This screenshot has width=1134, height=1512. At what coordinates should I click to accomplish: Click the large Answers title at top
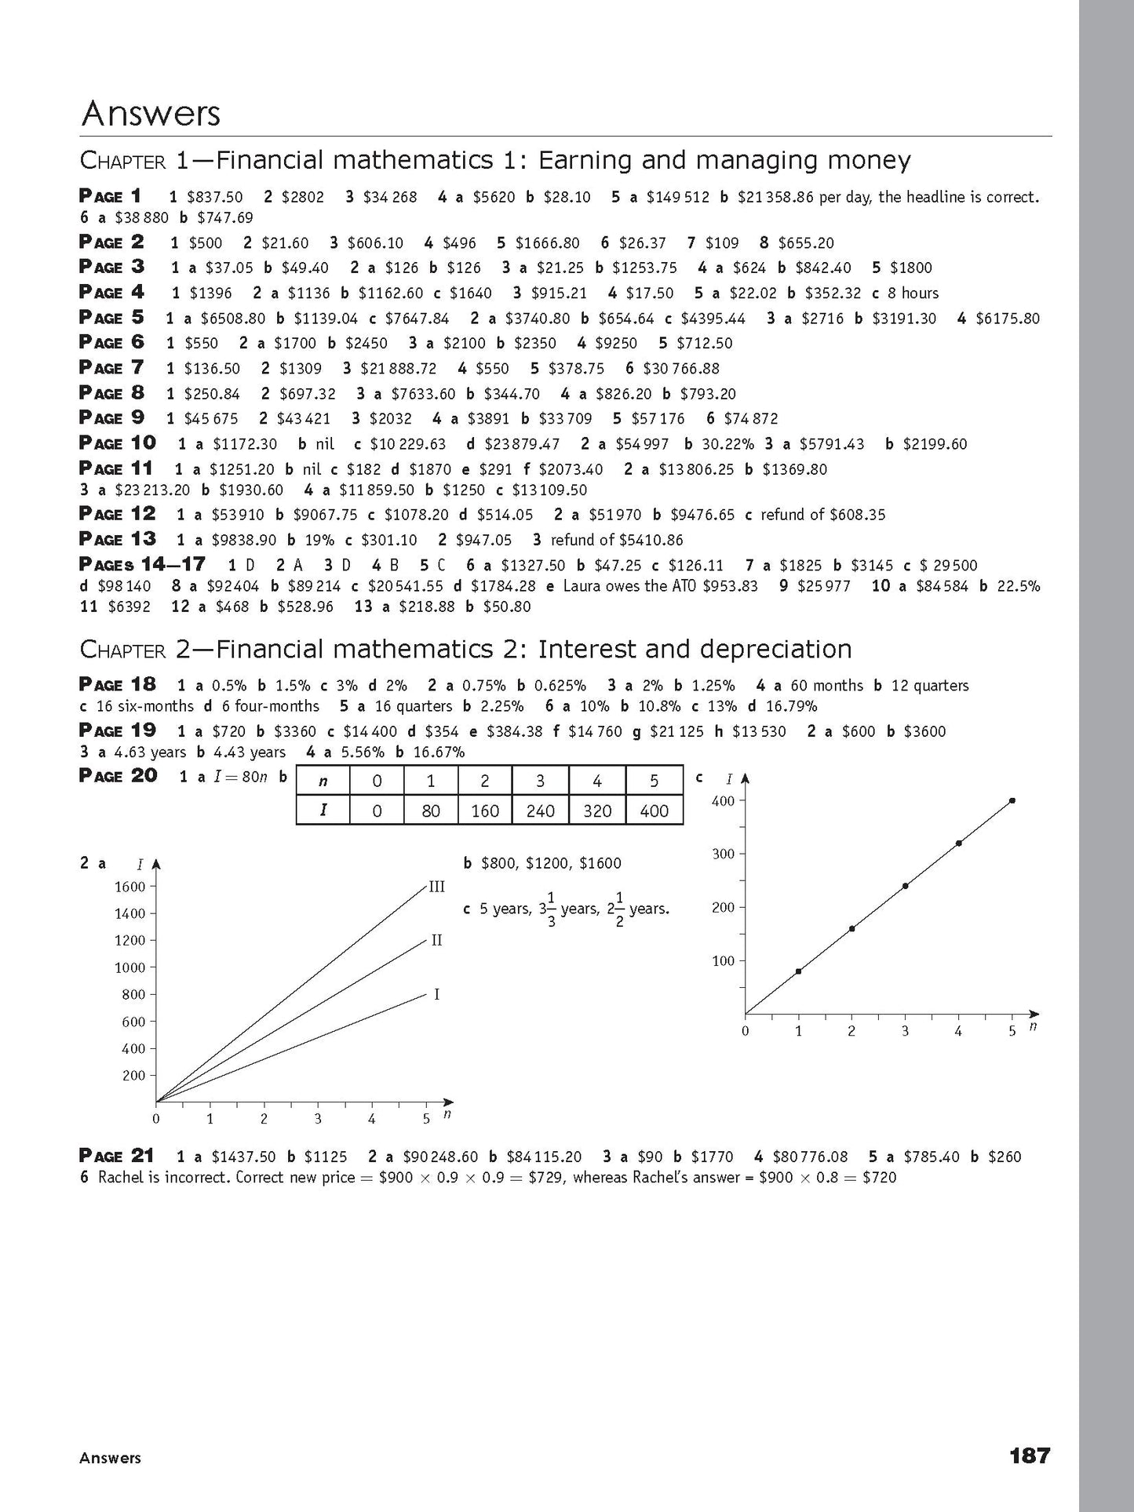tap(151, 114)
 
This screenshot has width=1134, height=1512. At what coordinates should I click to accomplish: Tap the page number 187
tap(1029, 1456)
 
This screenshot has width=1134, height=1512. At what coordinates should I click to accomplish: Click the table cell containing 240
tap(540, 811)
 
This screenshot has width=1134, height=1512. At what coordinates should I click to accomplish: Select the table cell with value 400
tap(654, 811)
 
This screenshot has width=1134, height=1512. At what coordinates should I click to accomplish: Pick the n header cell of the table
tap(323, 782)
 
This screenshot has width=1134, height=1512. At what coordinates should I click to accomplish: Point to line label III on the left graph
tap(436, 887)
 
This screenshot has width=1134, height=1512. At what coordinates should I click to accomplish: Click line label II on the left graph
tap(436, 940)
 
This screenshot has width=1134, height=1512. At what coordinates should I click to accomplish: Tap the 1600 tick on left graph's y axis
tap(130, 887)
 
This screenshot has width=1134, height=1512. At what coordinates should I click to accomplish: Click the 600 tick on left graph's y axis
tap(133, 1022)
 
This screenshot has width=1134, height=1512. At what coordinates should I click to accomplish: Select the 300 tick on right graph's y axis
tap(723, 854)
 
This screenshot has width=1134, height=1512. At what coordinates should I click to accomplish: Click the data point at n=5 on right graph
tap(1012, 800)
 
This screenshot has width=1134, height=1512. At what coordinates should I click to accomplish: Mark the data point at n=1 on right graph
tap(798, 971)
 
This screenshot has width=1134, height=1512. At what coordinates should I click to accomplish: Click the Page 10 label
tap(118, 443)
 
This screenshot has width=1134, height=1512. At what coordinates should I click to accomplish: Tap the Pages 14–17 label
tap(142, 564)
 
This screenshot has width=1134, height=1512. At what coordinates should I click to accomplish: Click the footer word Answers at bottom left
tap(110, 1458)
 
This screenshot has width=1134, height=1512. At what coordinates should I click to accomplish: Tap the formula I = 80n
tap(235, 778)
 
